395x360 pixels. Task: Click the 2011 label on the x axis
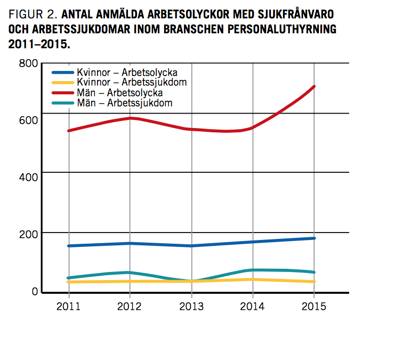click(x=69, y=306)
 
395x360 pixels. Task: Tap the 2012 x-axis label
click(x=130, y=306)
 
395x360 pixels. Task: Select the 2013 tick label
click(x=191, y=306)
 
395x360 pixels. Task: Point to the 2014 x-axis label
click(x=253, y=306)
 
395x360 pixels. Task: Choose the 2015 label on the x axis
click(x=314, y=306)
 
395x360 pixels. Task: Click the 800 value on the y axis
click(x=28, y=63)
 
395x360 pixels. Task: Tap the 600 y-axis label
click(x=28, y=119)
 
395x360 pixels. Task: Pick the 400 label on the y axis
click(x=28, y=177)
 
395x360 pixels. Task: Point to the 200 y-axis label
click(x=28, y=234)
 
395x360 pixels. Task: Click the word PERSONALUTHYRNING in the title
click(x=280, y=29)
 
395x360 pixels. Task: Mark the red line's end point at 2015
click(x=315, y=86)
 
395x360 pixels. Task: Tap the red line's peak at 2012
click(x=131, y=118)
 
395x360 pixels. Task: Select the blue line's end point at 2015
click(x=315, y=238)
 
